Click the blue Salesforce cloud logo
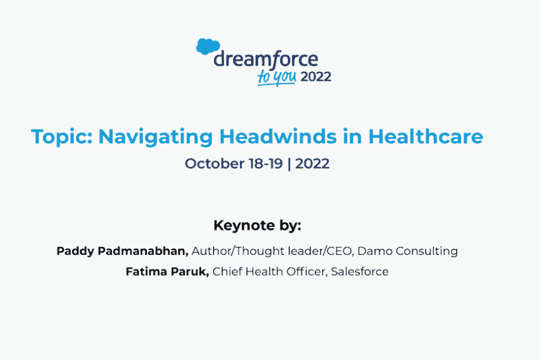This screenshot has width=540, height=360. click(208, 46)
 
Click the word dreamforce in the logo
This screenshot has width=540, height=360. click(265, 60)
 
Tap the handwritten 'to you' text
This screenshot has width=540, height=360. click(277, 77)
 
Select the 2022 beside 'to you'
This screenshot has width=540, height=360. click(316, 77)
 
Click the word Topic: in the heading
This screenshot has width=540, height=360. click(62, 137)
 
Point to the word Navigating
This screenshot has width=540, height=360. click(156, 137)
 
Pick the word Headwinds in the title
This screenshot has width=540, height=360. click(278, 136)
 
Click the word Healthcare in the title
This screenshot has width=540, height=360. click(426, 136)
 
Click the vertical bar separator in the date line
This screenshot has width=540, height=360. click(289, 164)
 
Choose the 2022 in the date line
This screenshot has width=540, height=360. click(312, 164)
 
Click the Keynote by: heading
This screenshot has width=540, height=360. click(257, 226)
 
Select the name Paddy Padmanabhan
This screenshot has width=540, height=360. click(123, 251)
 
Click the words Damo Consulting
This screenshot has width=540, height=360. click(408, 251)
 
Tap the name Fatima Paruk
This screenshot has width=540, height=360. click(167, 272)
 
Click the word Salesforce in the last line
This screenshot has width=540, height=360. click(359, 272)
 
